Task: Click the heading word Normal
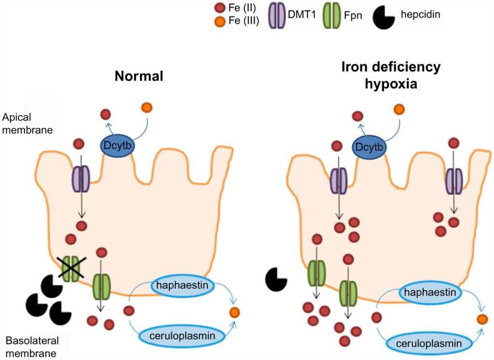pos(139,76)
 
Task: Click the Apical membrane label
pos(24,123)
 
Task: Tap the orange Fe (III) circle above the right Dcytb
pos(398,110)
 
